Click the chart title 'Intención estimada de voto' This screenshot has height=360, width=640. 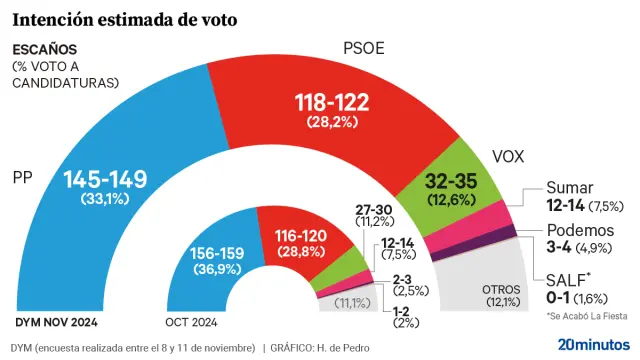tap(124, 19)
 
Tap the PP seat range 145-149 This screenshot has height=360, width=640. tap(105, 180)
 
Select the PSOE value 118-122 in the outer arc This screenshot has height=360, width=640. tap(332, 102)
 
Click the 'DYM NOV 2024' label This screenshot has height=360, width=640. tap(57, 323)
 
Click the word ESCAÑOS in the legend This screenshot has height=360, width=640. tap(44, 49)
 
